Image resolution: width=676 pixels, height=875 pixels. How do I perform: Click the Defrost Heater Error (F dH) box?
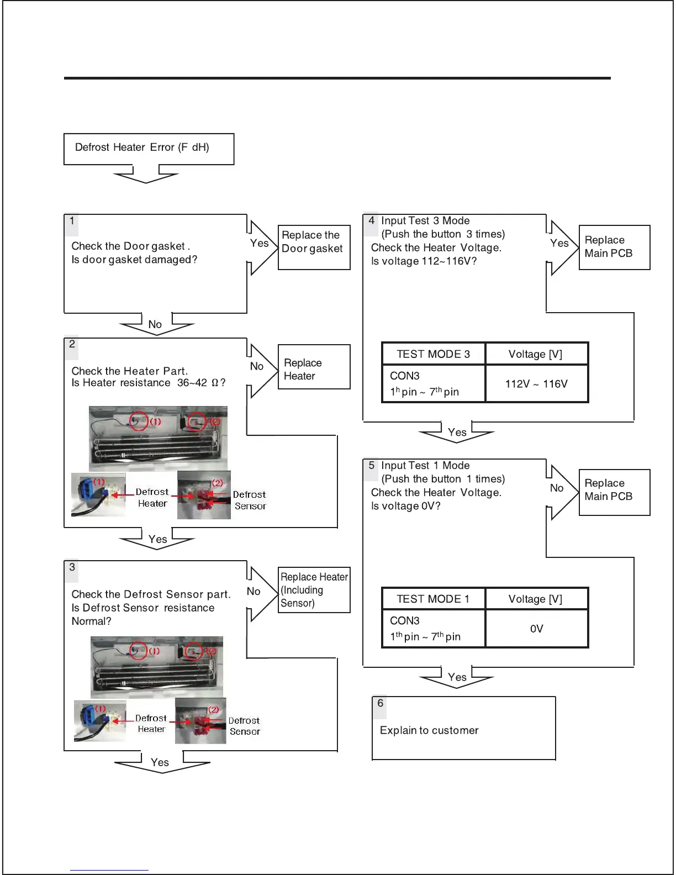149,148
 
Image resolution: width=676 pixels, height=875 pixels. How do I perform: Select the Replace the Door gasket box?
314,247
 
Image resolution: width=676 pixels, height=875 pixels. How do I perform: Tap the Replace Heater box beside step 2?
314,367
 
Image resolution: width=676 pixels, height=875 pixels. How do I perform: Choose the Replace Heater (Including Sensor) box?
314,590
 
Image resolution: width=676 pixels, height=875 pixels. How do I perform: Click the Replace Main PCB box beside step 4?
614,247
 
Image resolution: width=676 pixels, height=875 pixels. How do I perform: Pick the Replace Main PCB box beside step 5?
614,492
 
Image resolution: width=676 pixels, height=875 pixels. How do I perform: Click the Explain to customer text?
429,730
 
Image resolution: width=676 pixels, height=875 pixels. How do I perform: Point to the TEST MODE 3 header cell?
433,354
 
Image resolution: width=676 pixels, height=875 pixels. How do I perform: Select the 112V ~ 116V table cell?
536,384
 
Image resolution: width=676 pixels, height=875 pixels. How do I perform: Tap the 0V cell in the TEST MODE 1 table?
536,629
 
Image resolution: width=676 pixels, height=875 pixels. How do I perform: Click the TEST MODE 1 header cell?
433,599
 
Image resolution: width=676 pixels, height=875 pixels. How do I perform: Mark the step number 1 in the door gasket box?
72,221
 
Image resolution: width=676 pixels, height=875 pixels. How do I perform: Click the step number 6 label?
380,703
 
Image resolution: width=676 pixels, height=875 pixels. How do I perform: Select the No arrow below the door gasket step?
156,324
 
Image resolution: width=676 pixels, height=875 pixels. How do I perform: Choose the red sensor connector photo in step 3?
200,721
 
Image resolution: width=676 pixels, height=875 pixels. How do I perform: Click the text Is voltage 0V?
406,506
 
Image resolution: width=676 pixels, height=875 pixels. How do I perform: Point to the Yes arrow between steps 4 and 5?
457,433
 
